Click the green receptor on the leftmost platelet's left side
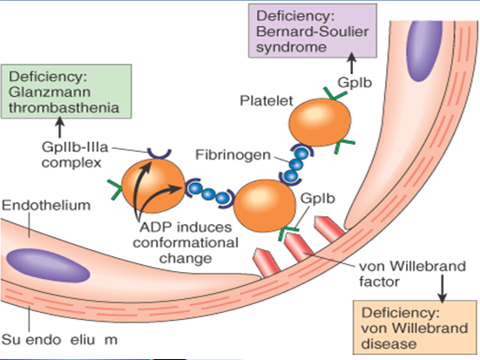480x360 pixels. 116,185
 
